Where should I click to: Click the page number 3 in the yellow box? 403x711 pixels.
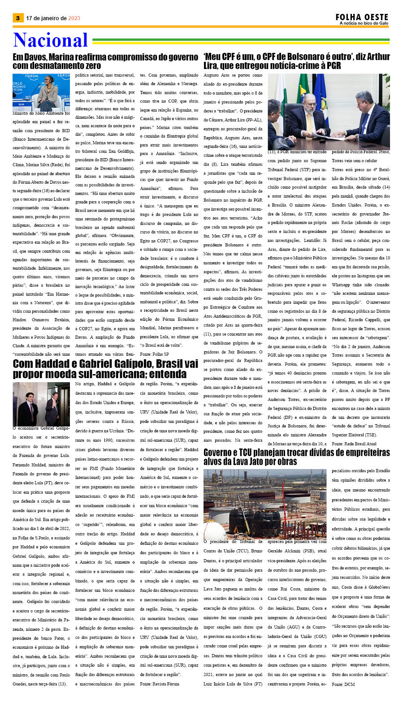tap(17, 18)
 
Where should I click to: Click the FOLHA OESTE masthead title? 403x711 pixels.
tap(362, 17)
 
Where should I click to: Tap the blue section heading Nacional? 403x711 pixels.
tap(50, 40)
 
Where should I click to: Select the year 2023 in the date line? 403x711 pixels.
tap(74, 18)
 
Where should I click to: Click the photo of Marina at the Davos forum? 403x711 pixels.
tap(41, 92)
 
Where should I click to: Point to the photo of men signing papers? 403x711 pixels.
tap(329, 112)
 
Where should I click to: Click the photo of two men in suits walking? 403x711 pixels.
tap(41, 404)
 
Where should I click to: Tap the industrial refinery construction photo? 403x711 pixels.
tap(264, 503)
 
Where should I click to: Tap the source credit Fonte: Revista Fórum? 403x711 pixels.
tap(159, 684)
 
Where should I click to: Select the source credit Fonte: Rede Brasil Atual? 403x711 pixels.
tap(354, 444)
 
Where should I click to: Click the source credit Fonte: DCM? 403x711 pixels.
tap(343, 684)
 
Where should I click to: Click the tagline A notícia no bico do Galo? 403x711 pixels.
tap(364, 23)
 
